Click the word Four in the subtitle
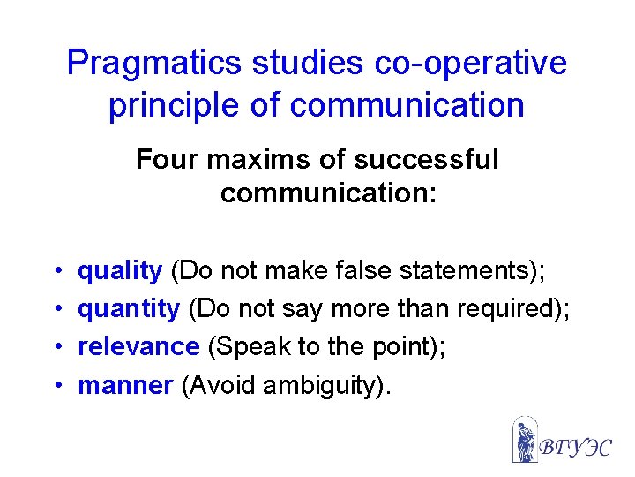[164, 160]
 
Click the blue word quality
[120, 271]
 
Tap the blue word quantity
[129, 309]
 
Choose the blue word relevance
[138, 347]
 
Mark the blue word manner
[125, 385]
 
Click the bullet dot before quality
[56, 272]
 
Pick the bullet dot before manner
[56, 386]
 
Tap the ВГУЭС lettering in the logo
[576, 446]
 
